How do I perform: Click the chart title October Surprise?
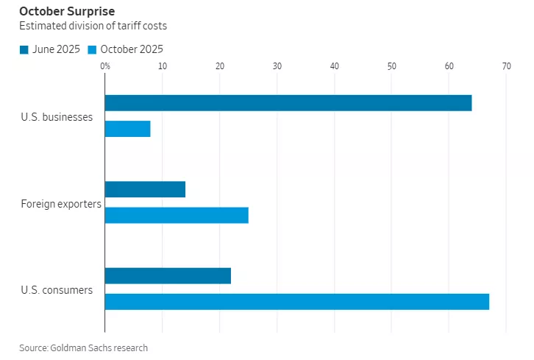pyautogui.click(x=67, y=12)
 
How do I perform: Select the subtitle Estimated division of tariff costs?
pyautogui.click(x=93, y=27)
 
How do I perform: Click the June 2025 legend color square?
pyautogui.click(x=24, y=49)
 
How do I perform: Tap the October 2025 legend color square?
pyautogui.click(x=92, y=49)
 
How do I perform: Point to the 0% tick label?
pyautogui.click(x=105, y=67)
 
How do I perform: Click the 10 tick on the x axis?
pyautogui.click(x=162, y=67)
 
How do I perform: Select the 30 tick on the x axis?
pyautogui.click(x=277, y=67)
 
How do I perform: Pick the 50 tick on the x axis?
pyautogui.click(x=391, y=67)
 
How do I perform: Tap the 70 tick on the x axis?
pyautogui.click(x=506, y=67)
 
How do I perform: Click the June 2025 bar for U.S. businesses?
pyautogui.click(x=288, y=103)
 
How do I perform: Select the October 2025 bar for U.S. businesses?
pyautogui.click(x=128, y=129)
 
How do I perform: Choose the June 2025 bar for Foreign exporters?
pyautogui.click(x=145, y=189)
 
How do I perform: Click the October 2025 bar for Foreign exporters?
pyautogui.click(x=177, y=215)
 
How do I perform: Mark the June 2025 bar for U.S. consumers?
pyautogui.click(x=168, y=275)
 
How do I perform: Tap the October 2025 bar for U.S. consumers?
pyautogui.click(x=297, y=301)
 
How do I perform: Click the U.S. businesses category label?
pyautogui.click(x=57, y=116)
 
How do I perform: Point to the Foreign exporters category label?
pyautogui.click(x=61, y=203)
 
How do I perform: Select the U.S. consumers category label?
pyautogui.click(x=57, y=289)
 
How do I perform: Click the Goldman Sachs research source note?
pyautogui.click(x=83, y=347)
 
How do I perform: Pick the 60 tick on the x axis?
pyautogui.click(x=449, y=67)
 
